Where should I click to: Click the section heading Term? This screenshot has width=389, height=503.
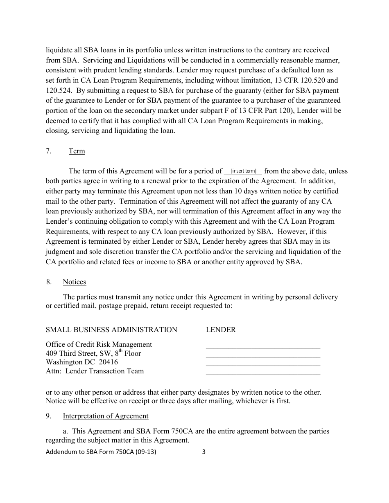tap(77, 151)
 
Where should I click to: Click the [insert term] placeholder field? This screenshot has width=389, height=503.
tap(243, 171)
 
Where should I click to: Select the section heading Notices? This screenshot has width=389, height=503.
tap(74, 282)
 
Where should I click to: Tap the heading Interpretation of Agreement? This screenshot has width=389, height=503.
tap(105, 416)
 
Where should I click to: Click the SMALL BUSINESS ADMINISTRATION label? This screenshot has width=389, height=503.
tap(111, 330)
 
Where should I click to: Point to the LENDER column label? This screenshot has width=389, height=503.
tap(221, 330)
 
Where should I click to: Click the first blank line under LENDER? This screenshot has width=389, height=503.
tap(262, 347)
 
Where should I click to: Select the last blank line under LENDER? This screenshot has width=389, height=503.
tap(262, 374)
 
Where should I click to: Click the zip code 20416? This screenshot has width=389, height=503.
tap(108, 362)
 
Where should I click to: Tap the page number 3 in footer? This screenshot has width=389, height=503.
tap(204, 452)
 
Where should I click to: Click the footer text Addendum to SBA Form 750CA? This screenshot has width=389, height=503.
tap(101, 452)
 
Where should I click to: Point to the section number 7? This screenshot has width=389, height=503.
tap(48, 151)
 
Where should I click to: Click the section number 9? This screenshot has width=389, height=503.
tap(48, 416)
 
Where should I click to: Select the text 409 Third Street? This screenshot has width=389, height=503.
tap(72, 353)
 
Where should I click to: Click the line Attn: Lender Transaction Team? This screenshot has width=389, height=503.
tap(95, 371)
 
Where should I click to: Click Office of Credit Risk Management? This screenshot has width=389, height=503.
tap(99, 345)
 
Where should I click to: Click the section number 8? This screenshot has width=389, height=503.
tap(48, 282)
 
